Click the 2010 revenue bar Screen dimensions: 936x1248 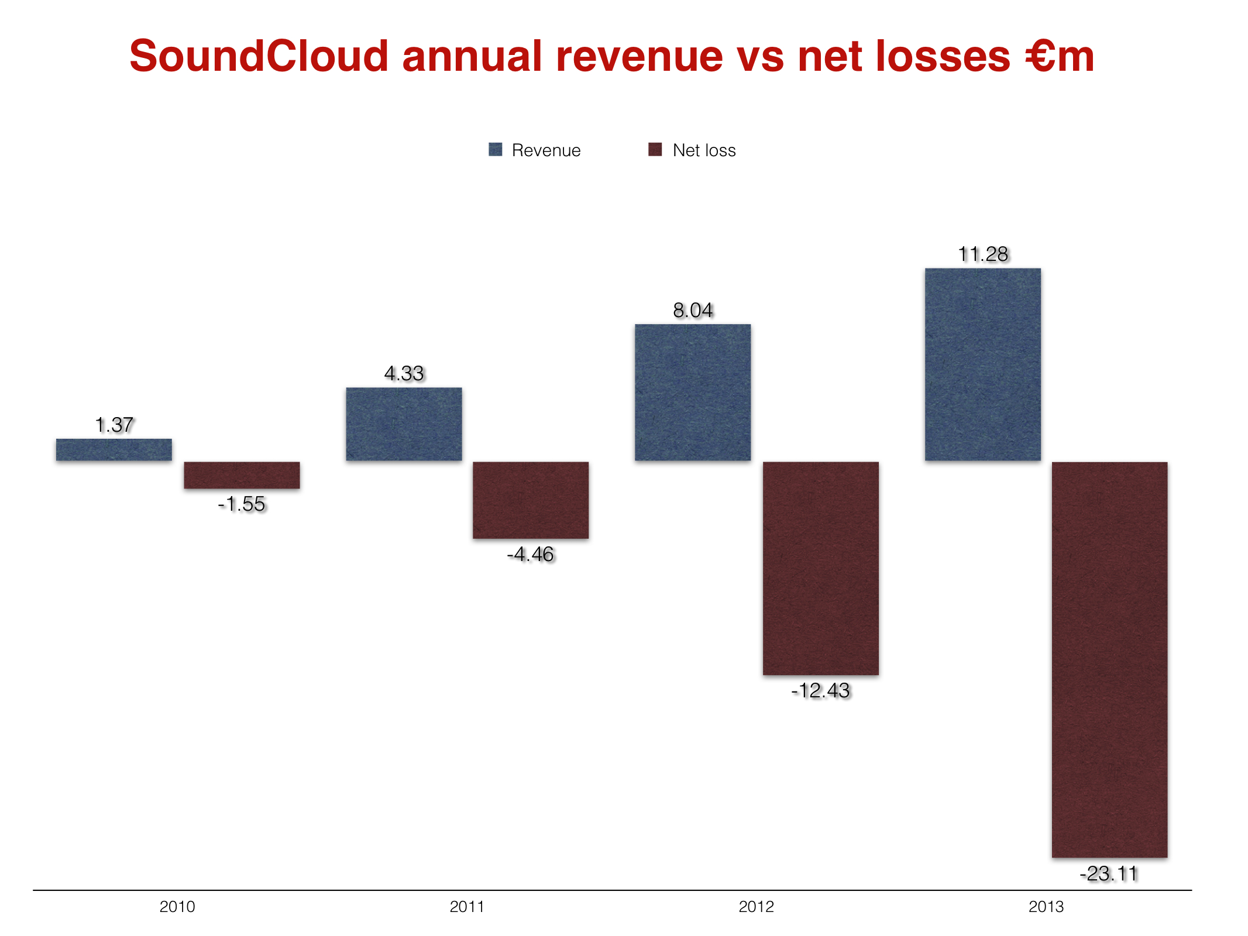point(114,449)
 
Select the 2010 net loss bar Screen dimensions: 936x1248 point(242,475)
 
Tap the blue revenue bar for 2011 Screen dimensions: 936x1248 point(404,424)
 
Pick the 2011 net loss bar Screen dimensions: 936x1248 point(531,500)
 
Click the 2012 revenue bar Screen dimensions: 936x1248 point(693,393)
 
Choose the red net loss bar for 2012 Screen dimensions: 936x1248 point(820,568)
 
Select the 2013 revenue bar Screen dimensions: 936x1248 point(982,364)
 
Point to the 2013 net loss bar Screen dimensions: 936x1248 point(1109,659)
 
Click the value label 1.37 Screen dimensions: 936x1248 point(114,425)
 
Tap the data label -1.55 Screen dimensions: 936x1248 point(242,504)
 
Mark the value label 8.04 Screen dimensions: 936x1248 point(693,310)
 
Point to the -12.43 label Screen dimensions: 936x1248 point(820,690)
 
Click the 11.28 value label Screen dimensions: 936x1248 point(983,254)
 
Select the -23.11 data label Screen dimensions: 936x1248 point(1109,873)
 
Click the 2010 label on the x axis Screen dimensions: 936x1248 point(177,907)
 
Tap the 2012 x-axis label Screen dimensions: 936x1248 point(756,907)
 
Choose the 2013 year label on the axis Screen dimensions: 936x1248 point(1046,907)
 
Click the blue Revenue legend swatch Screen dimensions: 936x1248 point(496,150)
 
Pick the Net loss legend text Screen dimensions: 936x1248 point(704,150)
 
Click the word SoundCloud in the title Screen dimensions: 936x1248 point(259,56)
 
